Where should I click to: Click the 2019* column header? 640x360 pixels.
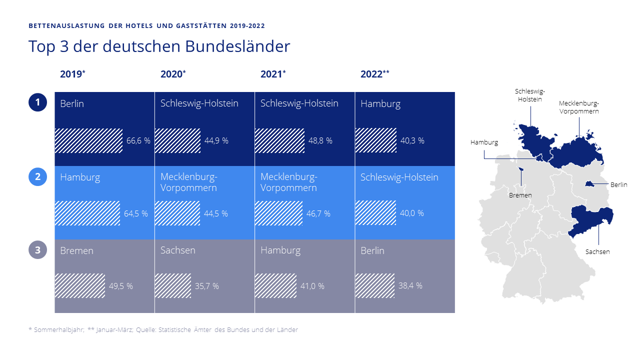72,74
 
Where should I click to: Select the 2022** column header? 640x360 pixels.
374,74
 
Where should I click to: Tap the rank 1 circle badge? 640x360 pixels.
37,103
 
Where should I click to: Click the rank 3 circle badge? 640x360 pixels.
37,249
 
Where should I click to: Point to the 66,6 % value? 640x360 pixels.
138,141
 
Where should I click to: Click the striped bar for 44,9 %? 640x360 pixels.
177,140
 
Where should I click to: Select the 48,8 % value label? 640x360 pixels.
320,141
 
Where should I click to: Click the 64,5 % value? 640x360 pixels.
135,214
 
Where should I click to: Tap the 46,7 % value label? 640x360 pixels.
318,214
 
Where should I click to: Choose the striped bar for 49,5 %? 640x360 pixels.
80,286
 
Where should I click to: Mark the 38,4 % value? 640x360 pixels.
410,286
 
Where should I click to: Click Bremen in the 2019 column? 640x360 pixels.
76,250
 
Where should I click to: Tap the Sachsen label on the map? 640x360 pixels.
597,252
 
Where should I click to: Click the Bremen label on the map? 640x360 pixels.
520,195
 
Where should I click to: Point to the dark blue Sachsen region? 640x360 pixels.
592,220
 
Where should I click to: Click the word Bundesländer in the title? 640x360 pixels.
237,46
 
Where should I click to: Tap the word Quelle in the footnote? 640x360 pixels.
145,330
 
